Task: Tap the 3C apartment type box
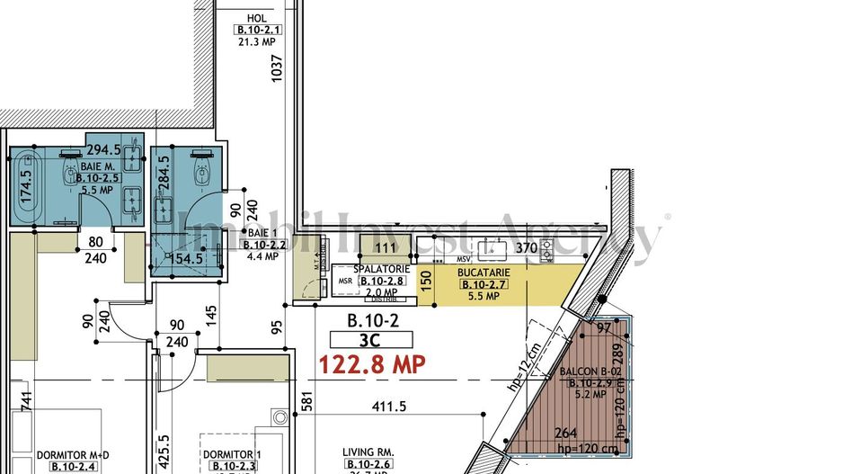[x=371, y=340]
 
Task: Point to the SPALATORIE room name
[x=382, y=269]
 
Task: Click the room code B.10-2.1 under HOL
[x=257, y=29]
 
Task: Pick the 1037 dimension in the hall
[x=277, y=70]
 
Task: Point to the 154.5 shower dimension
[x=188, y=259]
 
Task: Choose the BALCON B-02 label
[x=591, y=371]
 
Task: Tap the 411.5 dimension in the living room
[x=388, y=407]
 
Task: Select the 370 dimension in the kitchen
[x=526, y=247]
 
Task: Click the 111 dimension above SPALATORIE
[x=386, y=247]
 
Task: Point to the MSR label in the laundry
[x=345, y=282]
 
